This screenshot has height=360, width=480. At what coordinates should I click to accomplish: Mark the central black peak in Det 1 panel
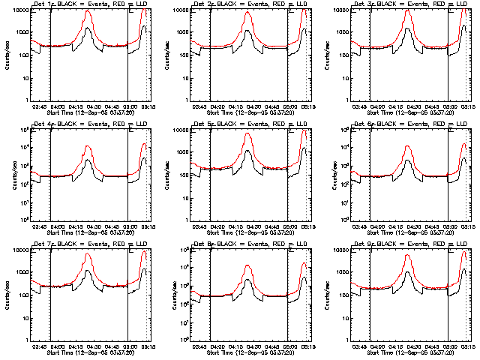coord(88,28)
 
